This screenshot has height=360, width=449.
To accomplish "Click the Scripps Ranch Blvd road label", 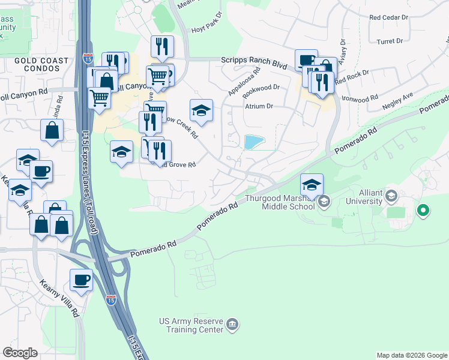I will point(255,60).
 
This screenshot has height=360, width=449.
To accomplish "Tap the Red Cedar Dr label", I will point(389,18).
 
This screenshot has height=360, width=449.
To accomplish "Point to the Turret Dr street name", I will point(390,41).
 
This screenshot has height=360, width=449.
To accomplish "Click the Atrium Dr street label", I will point(259,106).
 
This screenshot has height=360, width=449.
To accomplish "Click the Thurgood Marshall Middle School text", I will point(280,203).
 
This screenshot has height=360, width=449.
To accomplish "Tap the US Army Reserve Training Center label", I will point(190,326).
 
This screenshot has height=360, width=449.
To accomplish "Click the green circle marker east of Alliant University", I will point(423,210).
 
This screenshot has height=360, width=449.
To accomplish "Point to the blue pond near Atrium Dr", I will point(254,142).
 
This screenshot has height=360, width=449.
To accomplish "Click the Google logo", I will point(20,352).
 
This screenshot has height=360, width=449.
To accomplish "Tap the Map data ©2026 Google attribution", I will point(412,355).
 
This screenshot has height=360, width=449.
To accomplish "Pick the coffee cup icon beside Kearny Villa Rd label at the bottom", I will point(81,280).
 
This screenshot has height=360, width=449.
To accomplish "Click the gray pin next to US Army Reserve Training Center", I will point(232,326).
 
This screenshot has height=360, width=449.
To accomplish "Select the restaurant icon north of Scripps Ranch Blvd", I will point(161,46).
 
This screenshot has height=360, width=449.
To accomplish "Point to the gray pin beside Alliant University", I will point(391,196).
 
